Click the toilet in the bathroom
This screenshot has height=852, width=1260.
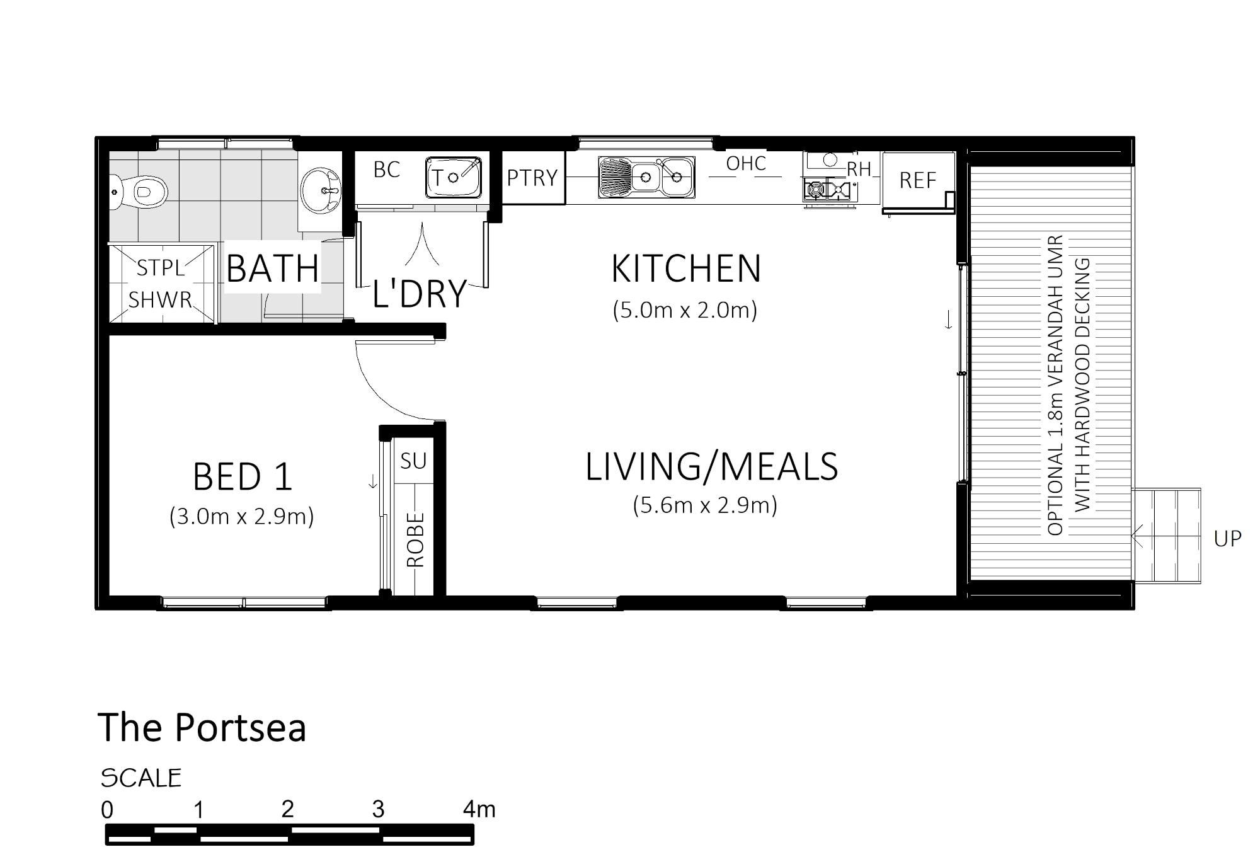point(140,190)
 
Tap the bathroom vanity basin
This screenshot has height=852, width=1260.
point(321,190)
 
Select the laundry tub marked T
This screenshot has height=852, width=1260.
point(454,177)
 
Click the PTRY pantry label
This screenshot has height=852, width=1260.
point(532,178)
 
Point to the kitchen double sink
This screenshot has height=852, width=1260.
point(646,177)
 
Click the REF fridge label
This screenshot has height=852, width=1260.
point(918,181)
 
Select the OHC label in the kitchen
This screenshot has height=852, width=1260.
point(746,164)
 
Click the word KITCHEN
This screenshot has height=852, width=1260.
point(686,268)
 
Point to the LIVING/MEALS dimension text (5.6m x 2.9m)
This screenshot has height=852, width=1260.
point(705,505)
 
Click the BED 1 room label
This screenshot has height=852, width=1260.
point(243,477)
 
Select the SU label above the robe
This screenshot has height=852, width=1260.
point(413,461)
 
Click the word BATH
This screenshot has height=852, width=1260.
point(273,268)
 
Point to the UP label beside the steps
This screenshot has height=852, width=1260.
point(1228,539)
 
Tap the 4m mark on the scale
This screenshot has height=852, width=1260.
point(479,809)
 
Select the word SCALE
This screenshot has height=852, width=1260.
point(141,779)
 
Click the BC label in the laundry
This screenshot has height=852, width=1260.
point(386,170)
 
